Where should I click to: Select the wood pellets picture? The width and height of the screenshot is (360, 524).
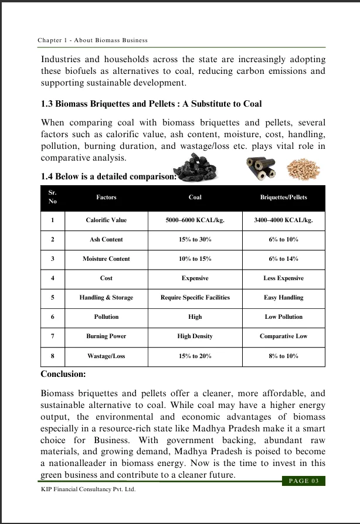click(x=305, y=169)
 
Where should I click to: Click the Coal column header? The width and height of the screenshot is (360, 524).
click(x=195, y=198)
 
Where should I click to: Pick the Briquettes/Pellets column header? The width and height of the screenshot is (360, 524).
click(x=283, y=198)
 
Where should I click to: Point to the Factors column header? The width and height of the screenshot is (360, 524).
click(x=106, y=198)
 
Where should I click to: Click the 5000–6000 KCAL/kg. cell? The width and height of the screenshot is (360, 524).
click(x=195, y=220)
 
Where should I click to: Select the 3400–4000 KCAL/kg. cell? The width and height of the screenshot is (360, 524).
click(x=283, y=220)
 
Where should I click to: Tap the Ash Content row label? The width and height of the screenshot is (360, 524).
click(x=106, y=240)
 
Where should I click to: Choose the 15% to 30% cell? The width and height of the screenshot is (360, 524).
click(x=195, y=240)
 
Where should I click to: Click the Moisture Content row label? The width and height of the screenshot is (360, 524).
click(x=106, y=259)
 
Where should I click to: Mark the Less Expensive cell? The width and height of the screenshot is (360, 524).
click(x=283, y=278)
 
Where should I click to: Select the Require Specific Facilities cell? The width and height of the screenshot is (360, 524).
click(x=195, y=298)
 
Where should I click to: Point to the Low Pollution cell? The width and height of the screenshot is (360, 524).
click(x=283, y=317)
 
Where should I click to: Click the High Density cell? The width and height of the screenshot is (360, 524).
click(x=195, y=336)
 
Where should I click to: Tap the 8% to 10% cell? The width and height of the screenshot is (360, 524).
click(x=283, y=356)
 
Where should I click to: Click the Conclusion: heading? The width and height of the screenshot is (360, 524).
click(x=63, y=374)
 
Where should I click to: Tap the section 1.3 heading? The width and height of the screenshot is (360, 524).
click(x=151, y=104)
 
